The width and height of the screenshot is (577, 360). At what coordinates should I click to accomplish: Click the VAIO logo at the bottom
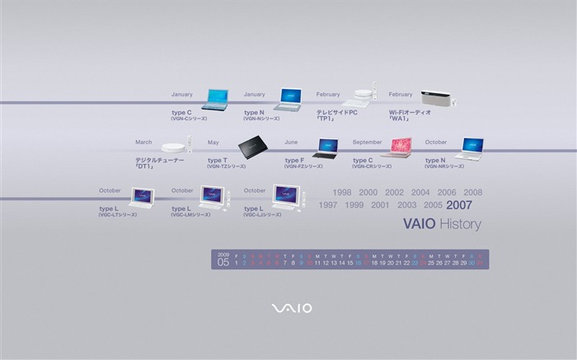[x=292, y=308]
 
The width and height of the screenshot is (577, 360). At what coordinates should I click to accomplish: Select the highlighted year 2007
[x=459, y=205]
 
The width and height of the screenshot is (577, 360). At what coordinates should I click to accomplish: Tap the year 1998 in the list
[x=342, y=193]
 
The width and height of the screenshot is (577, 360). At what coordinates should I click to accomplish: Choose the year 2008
[x=473, y=193]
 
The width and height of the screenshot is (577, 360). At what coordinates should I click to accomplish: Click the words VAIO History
[x=442, y=224]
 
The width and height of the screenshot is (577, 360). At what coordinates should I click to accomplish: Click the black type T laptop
[x=253, y=147]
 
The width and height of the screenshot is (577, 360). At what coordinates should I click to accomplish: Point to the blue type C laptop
[x=216, y=99]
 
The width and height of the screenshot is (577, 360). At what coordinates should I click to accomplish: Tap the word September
[x=367, y=142]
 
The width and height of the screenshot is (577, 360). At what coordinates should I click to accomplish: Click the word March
[x=143, y=142]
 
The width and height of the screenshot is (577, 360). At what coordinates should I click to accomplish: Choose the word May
[x=213, y=142]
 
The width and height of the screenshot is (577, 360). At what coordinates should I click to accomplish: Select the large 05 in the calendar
[x=223, y=263]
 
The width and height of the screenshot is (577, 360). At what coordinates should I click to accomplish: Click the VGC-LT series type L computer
[x=141, y=198]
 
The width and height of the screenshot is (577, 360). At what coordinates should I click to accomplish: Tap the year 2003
[x=406, y=205]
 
